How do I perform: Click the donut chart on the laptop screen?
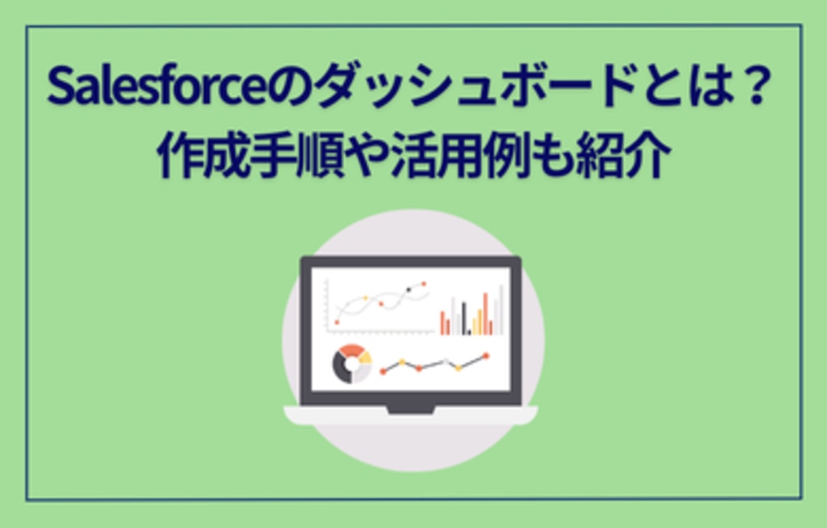(x=352, y=363)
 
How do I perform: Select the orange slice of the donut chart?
(x=352, y=350)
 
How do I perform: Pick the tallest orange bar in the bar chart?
(x=485, y=313)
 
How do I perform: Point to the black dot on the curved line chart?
(x=409, y=290)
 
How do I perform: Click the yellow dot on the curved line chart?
(x=366, y=298)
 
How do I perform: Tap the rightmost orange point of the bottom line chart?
(x=485, y=356)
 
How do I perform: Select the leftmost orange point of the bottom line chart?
(x=384, y=372)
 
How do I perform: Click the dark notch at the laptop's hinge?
(x=410, y=410)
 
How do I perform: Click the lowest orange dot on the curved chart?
(x=337, y=322)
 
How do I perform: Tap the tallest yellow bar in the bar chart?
(x=480, y=322)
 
